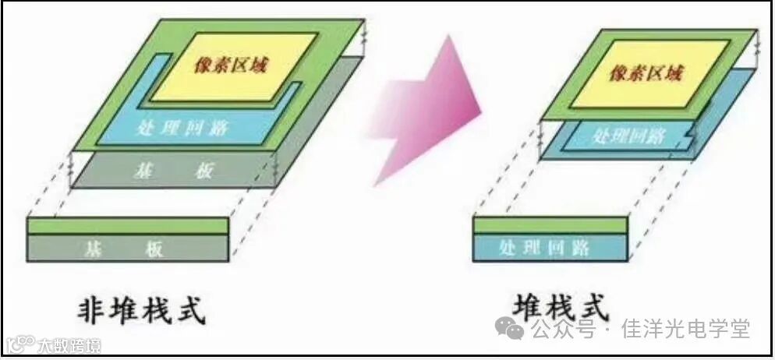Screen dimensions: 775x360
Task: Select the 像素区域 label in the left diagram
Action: click(x=231, y=65)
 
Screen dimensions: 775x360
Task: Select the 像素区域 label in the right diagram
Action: click(x=646, y=74)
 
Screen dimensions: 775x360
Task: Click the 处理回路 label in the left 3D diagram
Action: click(x=182, y=128)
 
